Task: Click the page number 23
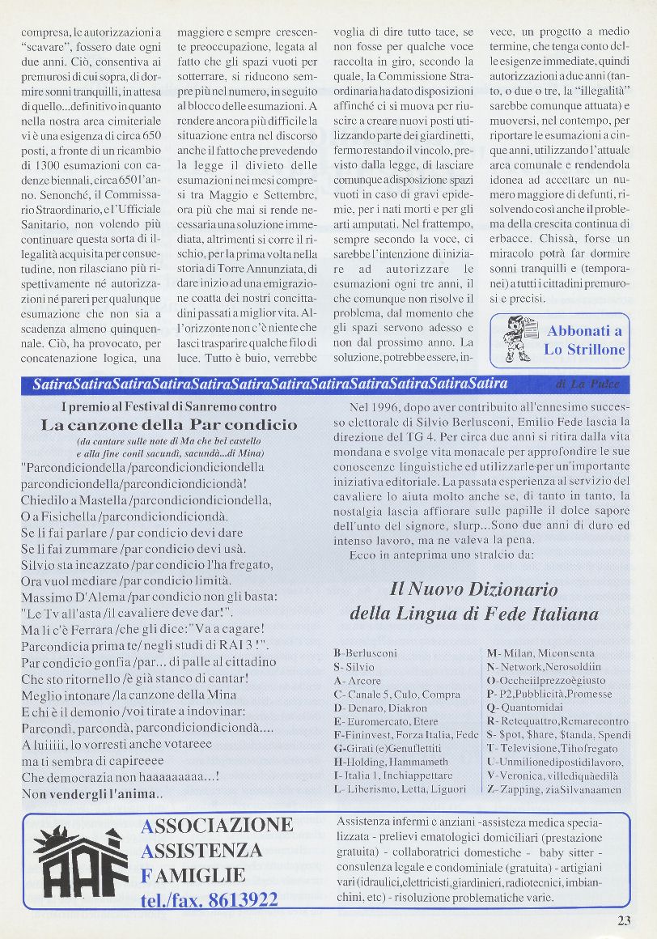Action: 623,920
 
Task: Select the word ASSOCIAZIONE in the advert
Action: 217,826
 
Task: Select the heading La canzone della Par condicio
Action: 169,424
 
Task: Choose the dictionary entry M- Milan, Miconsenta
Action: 540,652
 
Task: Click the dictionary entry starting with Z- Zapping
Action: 554,788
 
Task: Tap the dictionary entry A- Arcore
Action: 358,681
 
